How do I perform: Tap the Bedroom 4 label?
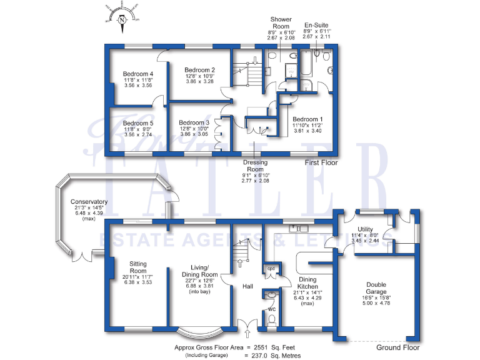coord(139,74)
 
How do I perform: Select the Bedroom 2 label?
coord(201,69)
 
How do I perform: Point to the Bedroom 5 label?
coord(139,123)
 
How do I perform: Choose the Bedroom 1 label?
coord(307,119)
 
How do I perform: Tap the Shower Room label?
coord(281,23)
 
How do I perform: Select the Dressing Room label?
coord(255,166)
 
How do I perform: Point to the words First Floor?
coord(321,162)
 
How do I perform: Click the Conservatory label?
coord(89,202)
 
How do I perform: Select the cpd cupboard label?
coord(271,269)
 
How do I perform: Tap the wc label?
coord(271,308)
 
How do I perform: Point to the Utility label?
coord(366,229)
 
